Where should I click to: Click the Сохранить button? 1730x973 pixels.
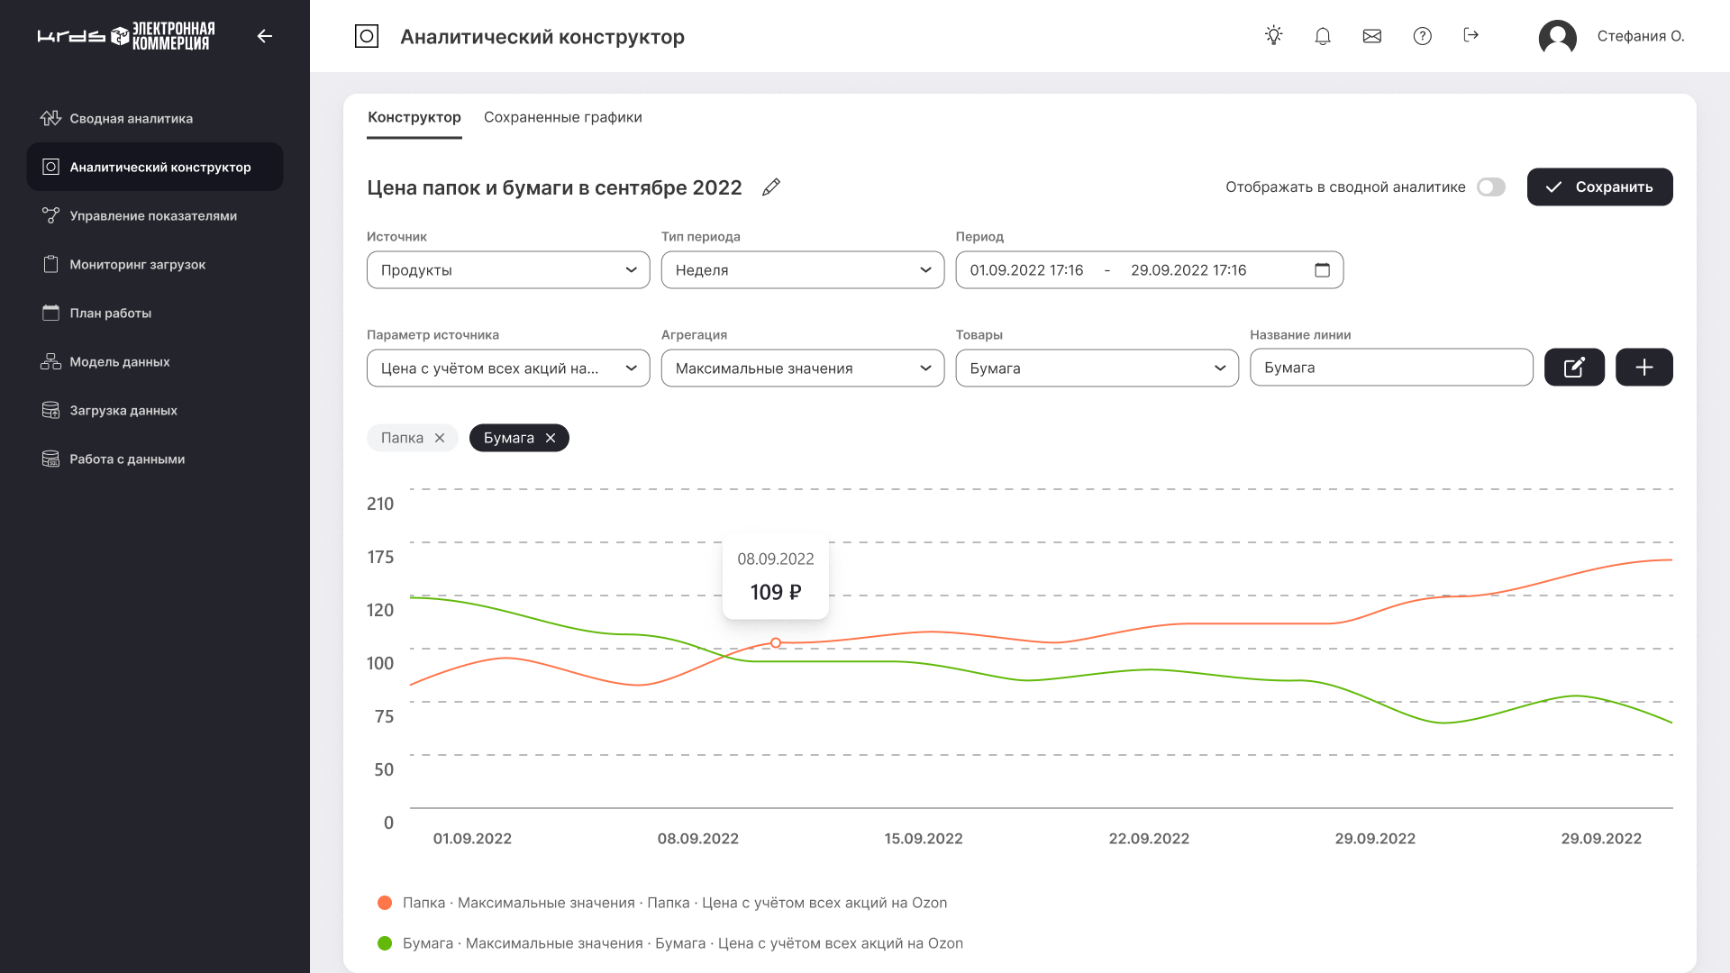(x=1599, y=187)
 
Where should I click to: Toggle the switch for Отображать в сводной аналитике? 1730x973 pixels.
(x=1490, y=187)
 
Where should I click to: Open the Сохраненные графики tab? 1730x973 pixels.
(x=562, y=117)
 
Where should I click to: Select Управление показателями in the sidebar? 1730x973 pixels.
(x=153, y=216)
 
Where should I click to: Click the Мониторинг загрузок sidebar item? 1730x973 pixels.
(x=138, y=265)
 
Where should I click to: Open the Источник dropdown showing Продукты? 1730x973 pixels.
(x=507, y=270)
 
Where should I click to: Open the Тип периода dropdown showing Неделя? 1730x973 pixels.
(x=802, y=270)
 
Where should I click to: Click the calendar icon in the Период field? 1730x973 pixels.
(x=1322, y=270)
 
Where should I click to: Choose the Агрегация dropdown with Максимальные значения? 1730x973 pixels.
(x=802, y=368)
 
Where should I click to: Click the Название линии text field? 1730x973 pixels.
(x=1390, y=368)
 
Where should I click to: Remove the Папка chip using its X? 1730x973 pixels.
(x=440, y=438)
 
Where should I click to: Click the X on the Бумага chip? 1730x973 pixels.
(x=551, y=438)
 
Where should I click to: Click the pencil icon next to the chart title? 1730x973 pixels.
(x=771, y=187)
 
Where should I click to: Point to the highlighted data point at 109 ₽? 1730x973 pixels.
(x=776, y=643)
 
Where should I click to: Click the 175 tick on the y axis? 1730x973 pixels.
(x=380, y=558)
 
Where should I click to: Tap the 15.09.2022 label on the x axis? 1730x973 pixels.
(x=924, y=839)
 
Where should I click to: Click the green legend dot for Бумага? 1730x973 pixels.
(x=385, y=943)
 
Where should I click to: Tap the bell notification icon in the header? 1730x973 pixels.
(x=1323, y=36)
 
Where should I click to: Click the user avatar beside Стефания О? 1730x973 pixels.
(x=1557, y=37)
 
